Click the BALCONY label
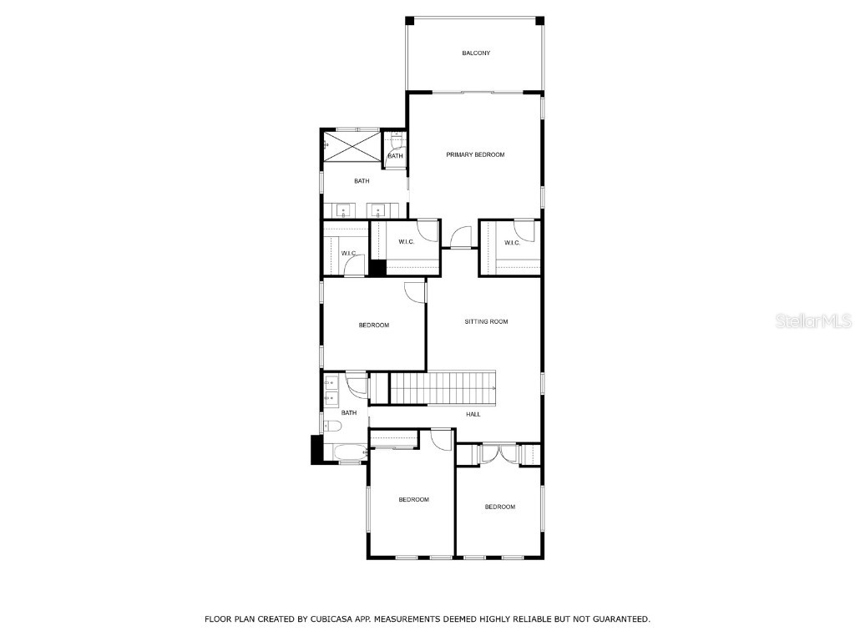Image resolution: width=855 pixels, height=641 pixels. point(476,53)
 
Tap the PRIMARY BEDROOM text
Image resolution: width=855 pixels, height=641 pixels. point(475,154)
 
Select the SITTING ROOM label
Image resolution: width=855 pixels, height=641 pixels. point(486,321)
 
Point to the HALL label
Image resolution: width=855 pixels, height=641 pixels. point(473,414)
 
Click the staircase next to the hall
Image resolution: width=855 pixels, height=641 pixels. point(443,388)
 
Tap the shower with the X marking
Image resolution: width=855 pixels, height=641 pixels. point(351,146)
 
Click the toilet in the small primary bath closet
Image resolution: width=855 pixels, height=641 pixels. point(396,139)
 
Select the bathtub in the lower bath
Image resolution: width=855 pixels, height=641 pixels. point(345,453)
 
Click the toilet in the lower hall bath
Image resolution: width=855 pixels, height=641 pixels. point(332,427)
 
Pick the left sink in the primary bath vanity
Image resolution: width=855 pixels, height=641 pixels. point(343,209)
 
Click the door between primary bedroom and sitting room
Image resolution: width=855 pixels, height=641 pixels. point(459,239)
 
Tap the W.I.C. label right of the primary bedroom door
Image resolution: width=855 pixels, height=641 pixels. point(512,243)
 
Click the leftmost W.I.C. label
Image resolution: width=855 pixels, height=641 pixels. point(349,253)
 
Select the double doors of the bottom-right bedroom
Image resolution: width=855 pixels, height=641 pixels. point(498,454)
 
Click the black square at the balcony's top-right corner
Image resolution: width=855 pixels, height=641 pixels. point(539,20)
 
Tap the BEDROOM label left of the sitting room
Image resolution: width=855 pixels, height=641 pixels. point(374,326)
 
